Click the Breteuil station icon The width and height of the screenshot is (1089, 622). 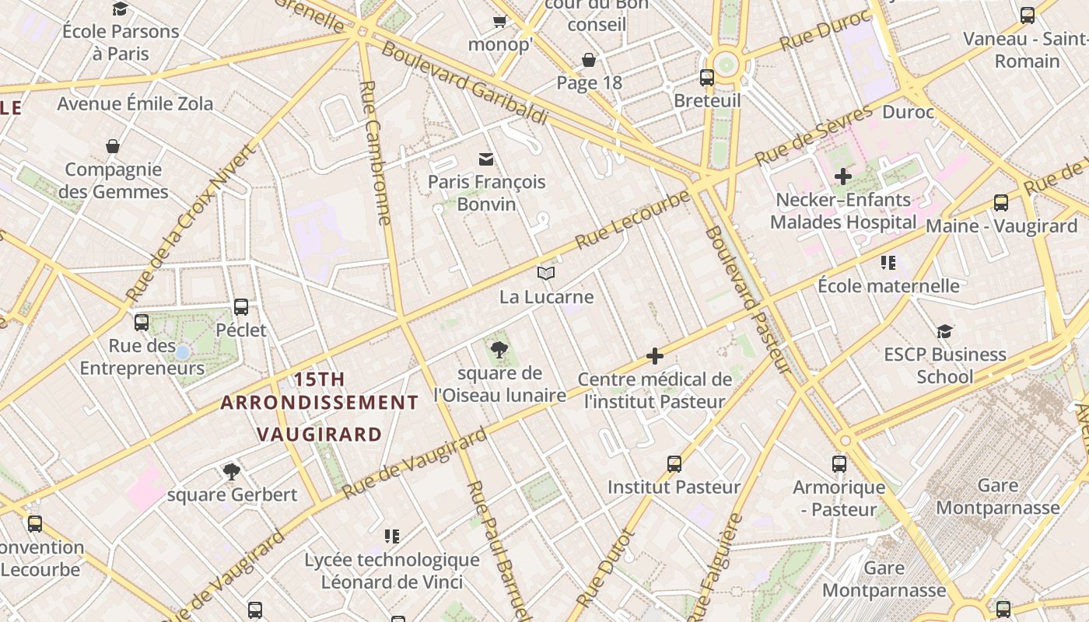(x=707, y=78)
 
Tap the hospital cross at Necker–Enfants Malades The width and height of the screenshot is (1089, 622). (x=843, y=176)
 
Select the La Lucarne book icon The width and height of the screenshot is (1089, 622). (x=546, y=273)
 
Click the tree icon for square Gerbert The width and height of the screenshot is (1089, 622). (x=231, y=470)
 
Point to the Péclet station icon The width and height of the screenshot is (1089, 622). (x=241, y=307)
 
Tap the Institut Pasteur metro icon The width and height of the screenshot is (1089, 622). (x=674, y=464)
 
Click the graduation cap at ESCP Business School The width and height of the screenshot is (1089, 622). (x=944, y=331)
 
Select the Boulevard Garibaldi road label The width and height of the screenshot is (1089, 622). (x=465, y=83)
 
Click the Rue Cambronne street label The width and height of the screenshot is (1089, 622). (x=375, y=152)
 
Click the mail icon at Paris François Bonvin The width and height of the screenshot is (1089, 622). (x=486, y=159)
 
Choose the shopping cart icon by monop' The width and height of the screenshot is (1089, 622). (x=499, y=21)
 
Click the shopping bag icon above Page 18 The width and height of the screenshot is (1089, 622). (x=589, y=60)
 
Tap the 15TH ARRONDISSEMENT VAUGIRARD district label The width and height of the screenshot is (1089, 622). (x=320, y=407)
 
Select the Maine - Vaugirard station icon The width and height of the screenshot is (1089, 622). (x=1001, y=204)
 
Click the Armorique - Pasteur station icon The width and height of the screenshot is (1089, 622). (x=839, y=464)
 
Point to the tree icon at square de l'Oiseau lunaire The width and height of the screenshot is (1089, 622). (x=499, y=350)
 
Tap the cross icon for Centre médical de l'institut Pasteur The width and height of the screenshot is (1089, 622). (x=655, y=356)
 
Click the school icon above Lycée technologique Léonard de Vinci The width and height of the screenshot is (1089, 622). (x=392, y=536)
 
